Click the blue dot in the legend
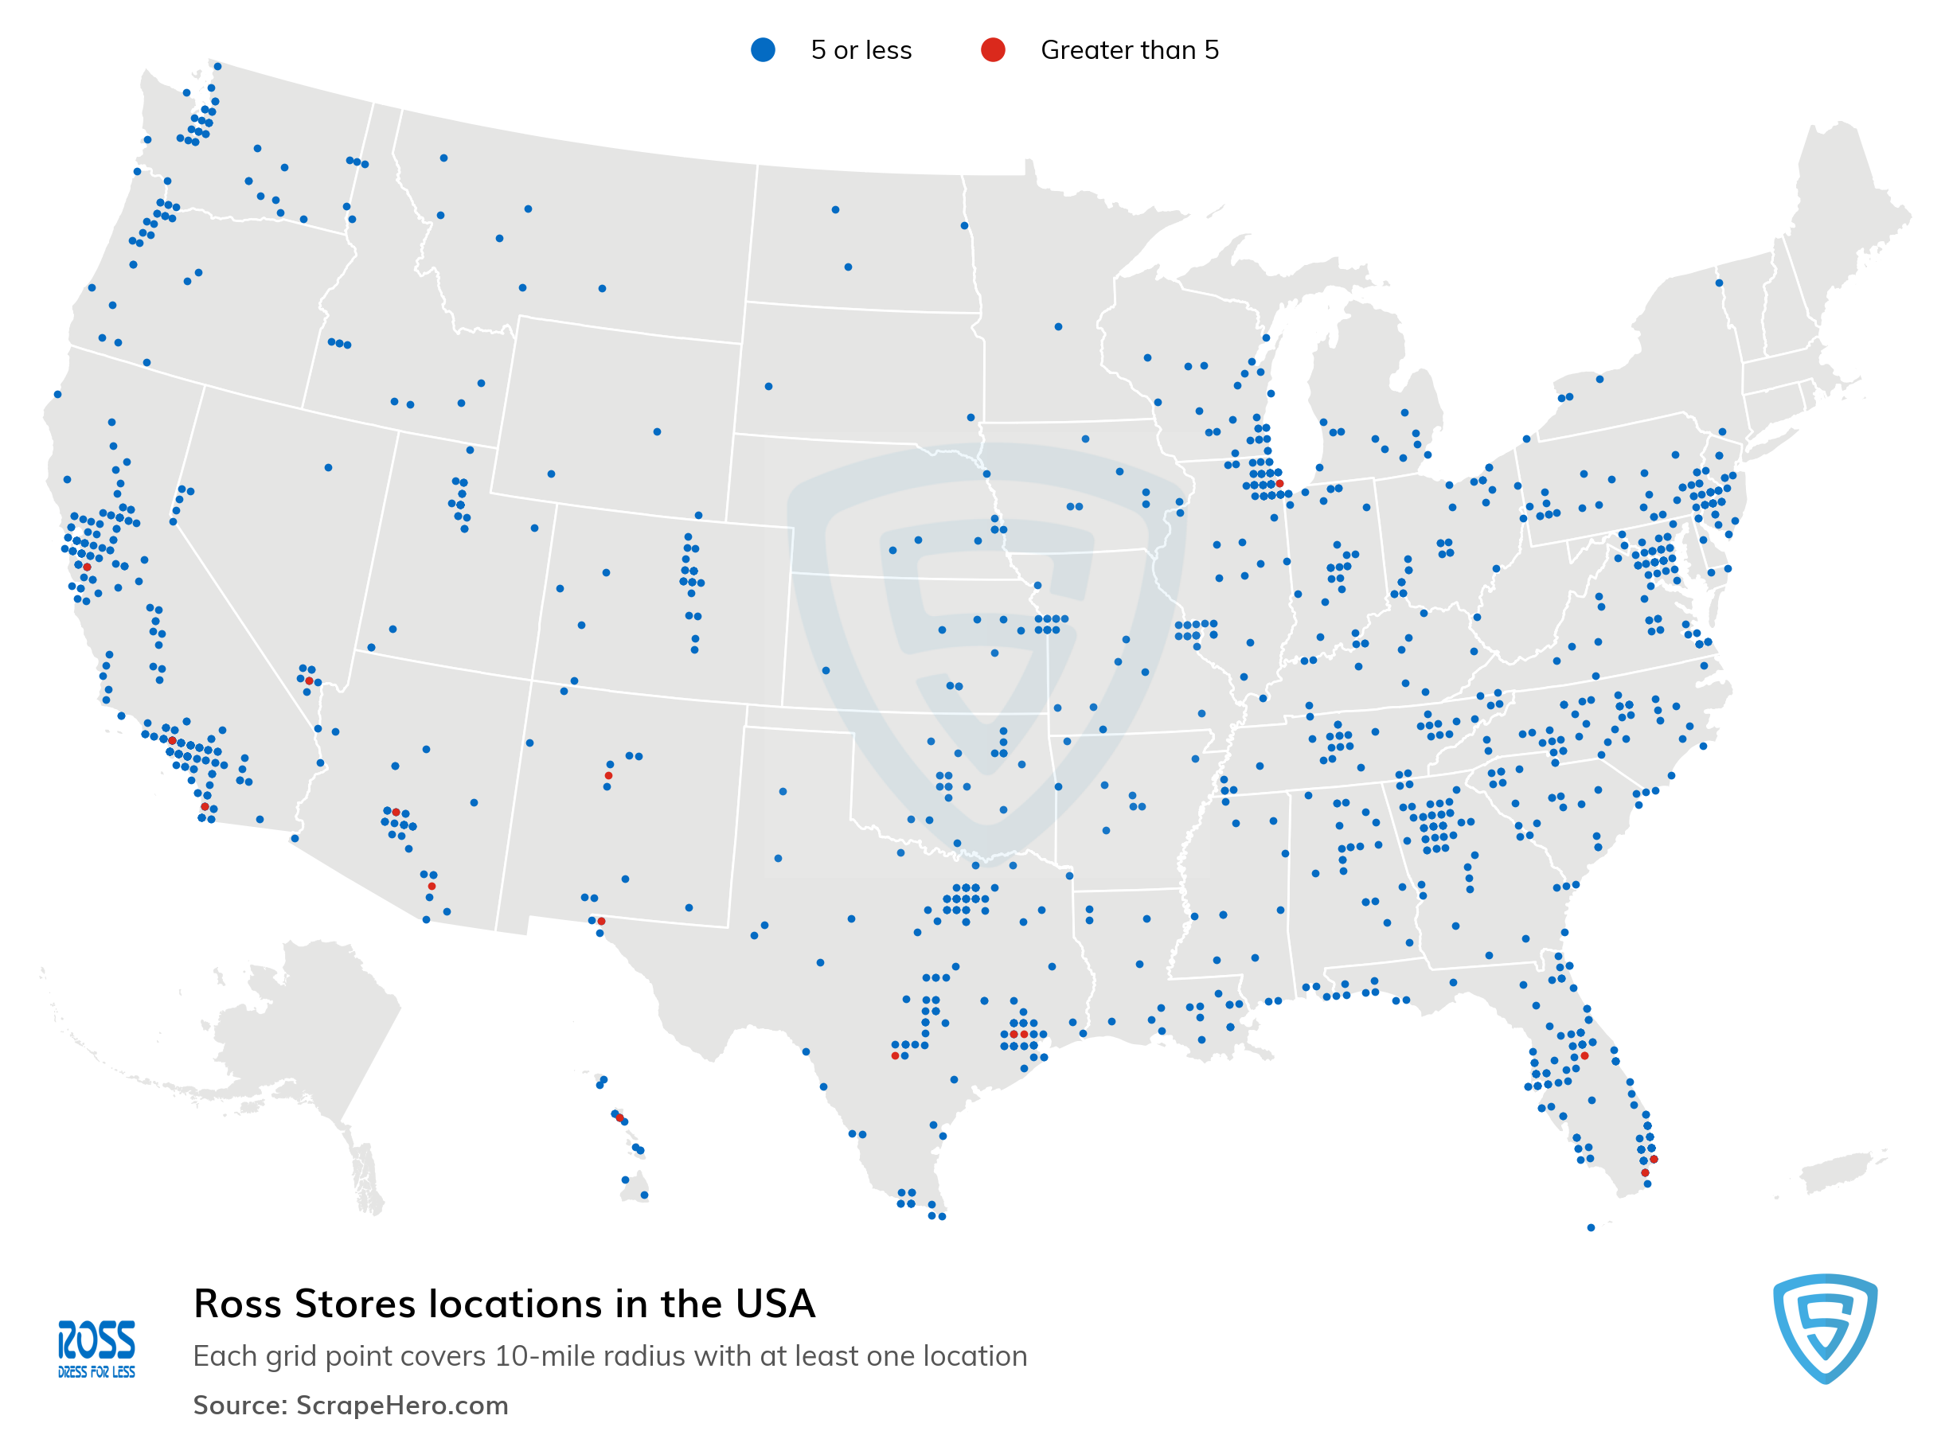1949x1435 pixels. pos(762,50)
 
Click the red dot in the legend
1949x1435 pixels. pos(992,50)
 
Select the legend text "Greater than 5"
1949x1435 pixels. pos(1129,50)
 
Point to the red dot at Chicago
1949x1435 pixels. pos(1279,484)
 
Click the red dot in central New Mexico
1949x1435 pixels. pos(608,776)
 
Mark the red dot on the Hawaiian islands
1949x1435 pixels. pos(619,1118)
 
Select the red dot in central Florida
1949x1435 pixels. pos(1584,1056)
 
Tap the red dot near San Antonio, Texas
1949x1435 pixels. pos(895,1056)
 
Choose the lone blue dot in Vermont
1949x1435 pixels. pos(1719,283)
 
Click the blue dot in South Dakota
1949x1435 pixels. pos(768,387)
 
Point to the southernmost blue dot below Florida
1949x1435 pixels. pos(1591,1227)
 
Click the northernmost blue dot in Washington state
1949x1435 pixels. pos(217,66)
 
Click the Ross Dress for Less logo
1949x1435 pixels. pos(96,1349)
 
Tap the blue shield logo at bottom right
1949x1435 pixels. pos(1824,1328)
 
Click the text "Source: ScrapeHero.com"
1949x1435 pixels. pos(350,1405)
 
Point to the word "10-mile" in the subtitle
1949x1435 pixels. pos(541,1356)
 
